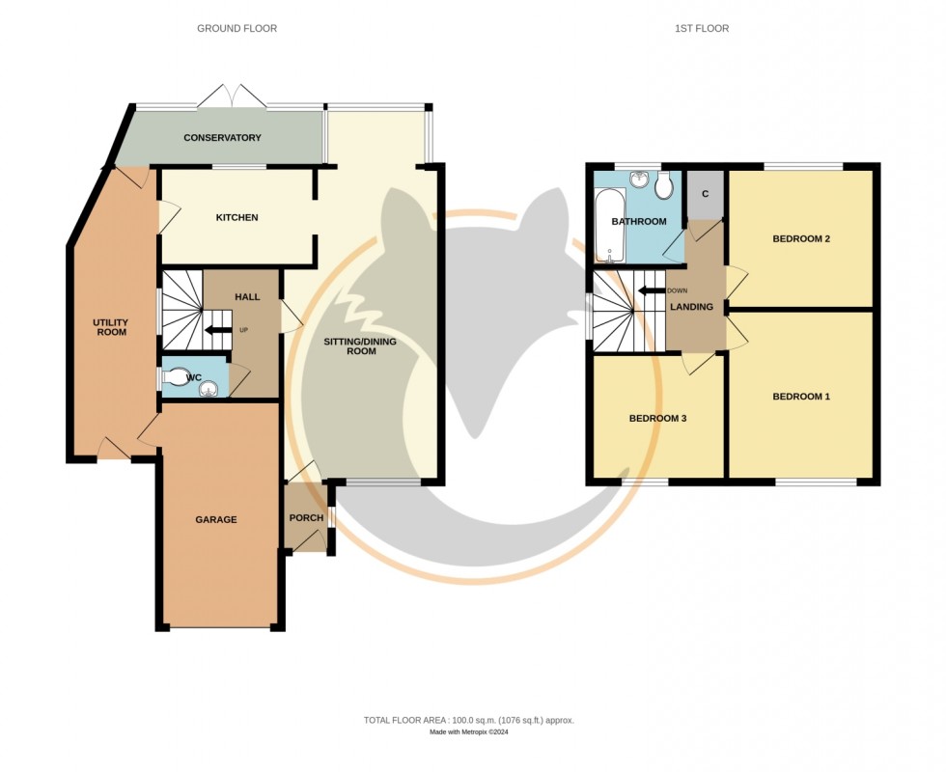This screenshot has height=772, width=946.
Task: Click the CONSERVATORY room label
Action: (x=222, y=138)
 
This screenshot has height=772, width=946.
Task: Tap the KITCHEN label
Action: (x=236, y=218)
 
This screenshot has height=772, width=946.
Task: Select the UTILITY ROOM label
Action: (x=110, y=327)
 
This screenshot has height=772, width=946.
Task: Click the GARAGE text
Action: (x=216, y=520)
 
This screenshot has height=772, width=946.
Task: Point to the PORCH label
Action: (x=306, y=518)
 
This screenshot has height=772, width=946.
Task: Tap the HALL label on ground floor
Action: (x=247, y=296)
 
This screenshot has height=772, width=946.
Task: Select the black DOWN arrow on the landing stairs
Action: (x=650, y=289)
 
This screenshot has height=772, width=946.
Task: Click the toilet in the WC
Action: (x=177, y=377)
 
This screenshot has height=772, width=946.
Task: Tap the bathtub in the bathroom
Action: (x=610, y=228)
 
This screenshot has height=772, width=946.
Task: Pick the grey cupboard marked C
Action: (x=705, y=194)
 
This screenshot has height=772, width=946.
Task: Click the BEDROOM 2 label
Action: (x=801, y=239)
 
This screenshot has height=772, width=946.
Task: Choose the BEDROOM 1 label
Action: (x=801, y=397)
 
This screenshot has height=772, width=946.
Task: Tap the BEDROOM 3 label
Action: (x=657, y=419)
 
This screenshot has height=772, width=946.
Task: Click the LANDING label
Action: (x=692, y=308)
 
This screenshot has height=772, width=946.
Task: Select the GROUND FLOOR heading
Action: (x=236, y=29)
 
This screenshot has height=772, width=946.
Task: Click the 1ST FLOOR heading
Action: (x=702, y=29)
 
